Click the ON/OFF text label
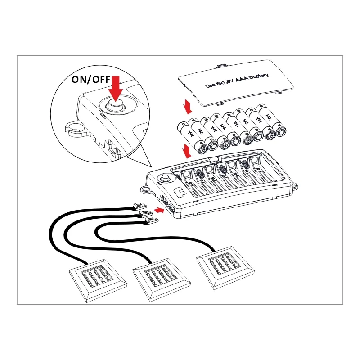click(x=91, y=80)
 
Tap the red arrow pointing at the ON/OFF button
click(x=116, y=89)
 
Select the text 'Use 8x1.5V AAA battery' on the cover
click(x=237, y=81)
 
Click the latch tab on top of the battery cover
click(x=221, y=66)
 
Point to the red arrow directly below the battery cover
click(x=188, y=107)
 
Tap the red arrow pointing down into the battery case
click(x=187, y=151)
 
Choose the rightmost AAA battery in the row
click(x=271, y=120)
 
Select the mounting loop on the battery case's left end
click(x=145, y=189)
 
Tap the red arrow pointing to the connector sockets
click(x=159, y=210)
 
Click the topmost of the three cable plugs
click(x=140, y=206)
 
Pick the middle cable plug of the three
click(x=145, y=213)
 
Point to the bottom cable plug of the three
click(x=152, y=221)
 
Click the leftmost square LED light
click(x=98, y=280)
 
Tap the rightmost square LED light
click(x=225, y=268)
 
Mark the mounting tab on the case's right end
click(x=295, y=186)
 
